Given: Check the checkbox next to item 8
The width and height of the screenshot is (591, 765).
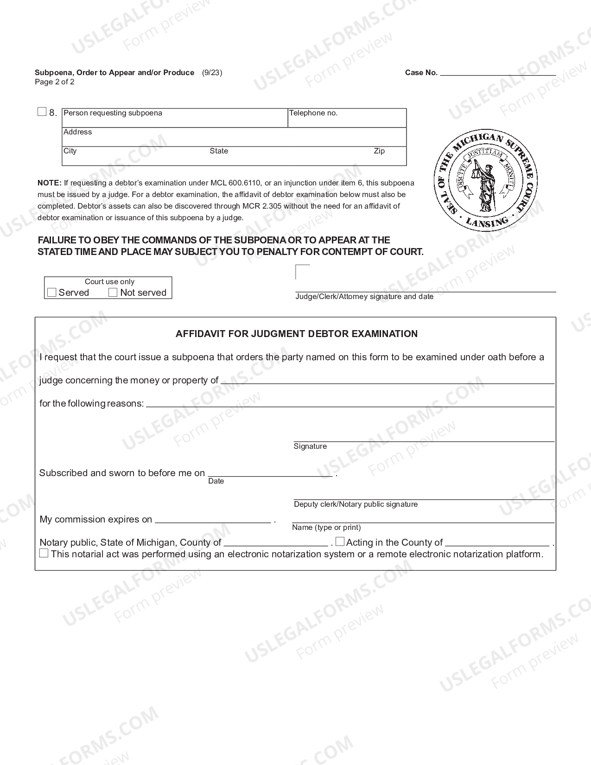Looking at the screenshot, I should [42, 112].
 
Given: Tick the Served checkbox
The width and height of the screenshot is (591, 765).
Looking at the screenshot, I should [52, 293].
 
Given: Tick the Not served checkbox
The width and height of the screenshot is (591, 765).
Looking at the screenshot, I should [113, 293].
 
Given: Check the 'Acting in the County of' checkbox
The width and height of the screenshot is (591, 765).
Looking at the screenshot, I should [340, 542].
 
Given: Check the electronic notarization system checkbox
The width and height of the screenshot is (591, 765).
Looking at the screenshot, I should [44, 553].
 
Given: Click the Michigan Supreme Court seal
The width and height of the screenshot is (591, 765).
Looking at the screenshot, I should [485, 180].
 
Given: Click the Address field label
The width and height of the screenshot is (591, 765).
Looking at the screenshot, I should [78, 132].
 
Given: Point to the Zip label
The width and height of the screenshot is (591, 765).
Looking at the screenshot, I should [379, 151].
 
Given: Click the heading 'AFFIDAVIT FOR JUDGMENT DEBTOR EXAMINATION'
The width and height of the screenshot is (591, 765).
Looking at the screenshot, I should [297, 334].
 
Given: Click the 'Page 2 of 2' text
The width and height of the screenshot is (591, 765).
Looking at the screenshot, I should [55, 82].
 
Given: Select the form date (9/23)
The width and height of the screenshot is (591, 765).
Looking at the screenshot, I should [212, 73].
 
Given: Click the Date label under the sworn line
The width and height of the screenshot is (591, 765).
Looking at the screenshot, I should [216, 481].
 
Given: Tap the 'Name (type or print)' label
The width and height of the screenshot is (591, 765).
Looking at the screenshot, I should [326, 528].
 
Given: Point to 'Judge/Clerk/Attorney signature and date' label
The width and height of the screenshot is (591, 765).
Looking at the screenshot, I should [364, 297].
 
